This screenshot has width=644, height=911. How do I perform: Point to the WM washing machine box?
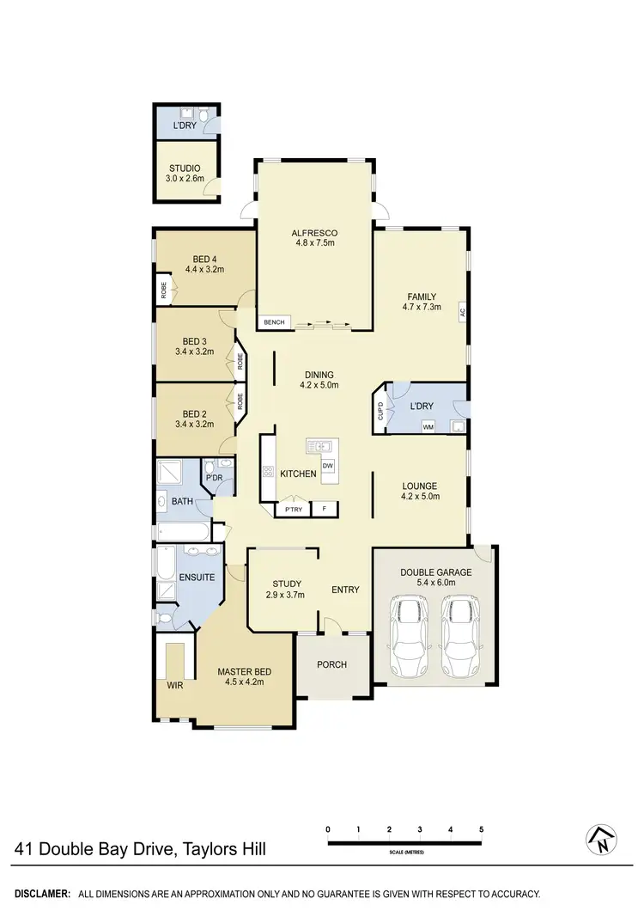pos(428,425)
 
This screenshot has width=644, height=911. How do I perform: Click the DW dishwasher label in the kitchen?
pos(327,466)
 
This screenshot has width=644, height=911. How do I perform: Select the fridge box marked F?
pos(325,510)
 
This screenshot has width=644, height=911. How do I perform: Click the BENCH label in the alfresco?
pos(275,322)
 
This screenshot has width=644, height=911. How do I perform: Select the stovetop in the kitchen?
pos(267,471)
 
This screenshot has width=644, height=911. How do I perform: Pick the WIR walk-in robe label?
pos(175,686)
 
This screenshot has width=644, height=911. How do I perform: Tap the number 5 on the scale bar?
pos(482,829)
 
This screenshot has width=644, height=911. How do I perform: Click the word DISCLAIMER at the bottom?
pos(41,894)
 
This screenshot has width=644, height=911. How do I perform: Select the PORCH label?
pos(331,666)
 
